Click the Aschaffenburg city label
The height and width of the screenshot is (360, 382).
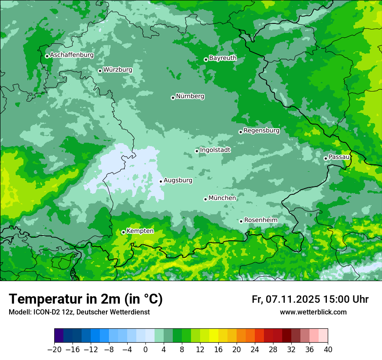point(72,55)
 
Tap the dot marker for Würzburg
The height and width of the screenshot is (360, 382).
point(100,71)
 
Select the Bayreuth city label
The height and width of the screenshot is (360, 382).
point(223,58)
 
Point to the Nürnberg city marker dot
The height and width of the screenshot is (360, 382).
point(173,98)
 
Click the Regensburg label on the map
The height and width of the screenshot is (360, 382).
point(261,130)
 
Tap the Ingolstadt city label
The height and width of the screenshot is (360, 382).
point(215,150)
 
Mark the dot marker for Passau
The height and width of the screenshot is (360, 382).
point(326,158)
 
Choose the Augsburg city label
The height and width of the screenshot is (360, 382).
point(178,180)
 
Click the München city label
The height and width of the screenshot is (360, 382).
point(222,198)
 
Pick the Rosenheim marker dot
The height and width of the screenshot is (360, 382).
point(241,221)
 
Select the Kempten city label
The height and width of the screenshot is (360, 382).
point(140,231)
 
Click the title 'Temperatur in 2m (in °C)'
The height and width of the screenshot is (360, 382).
point(86,299)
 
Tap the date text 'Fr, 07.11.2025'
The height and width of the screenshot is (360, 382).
point(286,299)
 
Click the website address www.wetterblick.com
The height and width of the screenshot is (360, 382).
point(313,312)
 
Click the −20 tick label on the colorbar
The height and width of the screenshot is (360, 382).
point(54,350)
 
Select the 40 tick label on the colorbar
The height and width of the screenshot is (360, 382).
point(328,350)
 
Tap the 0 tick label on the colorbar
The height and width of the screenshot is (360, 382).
point(145,350)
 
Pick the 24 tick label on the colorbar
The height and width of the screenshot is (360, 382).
point(255,350)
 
